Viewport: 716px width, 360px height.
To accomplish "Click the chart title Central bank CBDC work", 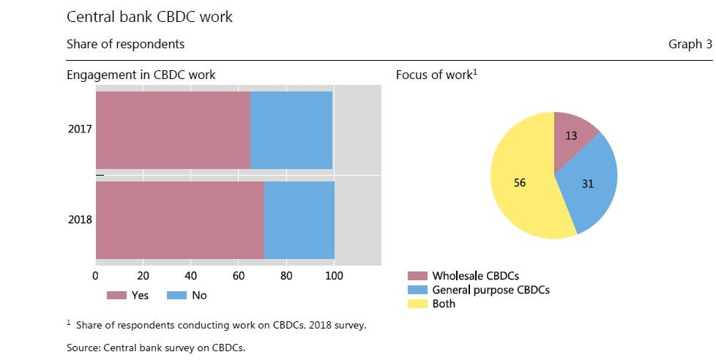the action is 149,17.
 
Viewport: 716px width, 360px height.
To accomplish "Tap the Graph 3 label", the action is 690,44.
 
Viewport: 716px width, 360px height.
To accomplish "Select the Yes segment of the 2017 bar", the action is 173,130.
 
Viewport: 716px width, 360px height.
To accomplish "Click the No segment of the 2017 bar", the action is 291,130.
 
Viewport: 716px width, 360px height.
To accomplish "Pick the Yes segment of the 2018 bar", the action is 180,220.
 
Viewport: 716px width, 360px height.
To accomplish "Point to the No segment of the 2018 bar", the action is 299,220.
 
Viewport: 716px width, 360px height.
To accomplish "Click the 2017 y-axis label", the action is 80,129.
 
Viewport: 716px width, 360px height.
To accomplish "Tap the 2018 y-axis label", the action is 80,220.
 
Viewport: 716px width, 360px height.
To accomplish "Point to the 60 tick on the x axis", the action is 239,276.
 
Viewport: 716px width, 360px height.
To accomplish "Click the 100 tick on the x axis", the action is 334,276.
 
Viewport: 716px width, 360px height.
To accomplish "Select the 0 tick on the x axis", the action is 95,276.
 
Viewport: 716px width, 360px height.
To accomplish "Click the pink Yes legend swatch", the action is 116,295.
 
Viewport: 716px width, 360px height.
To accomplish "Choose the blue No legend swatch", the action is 176,295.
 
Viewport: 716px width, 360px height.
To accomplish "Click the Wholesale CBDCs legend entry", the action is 463,276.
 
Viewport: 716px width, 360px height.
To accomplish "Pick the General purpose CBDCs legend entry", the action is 479,290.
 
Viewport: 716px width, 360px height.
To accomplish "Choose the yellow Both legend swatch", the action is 417,304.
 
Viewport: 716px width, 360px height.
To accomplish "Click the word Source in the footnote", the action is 83,348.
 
